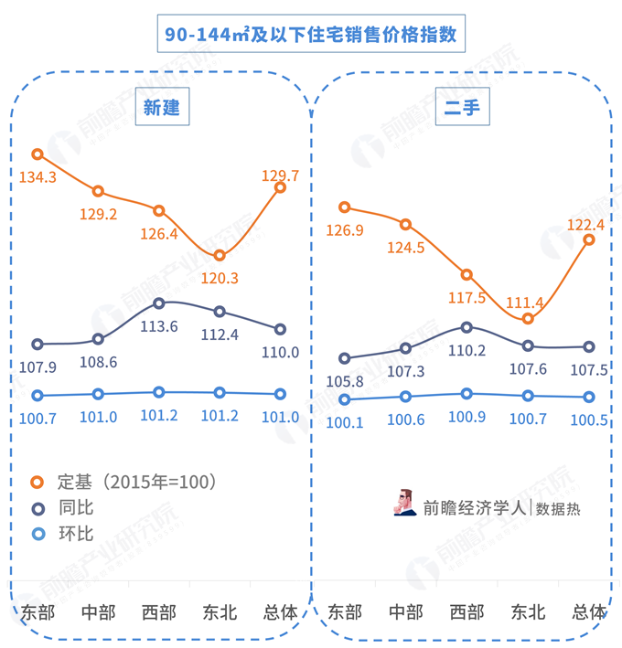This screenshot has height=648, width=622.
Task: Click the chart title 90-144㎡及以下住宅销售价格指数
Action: point(310,35)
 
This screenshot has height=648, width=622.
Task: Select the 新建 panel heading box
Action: point(161,108)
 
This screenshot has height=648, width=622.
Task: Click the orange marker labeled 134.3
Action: point(38,154)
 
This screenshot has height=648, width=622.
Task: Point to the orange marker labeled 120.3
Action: point(220,255)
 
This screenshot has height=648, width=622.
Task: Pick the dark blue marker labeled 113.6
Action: point(159,303)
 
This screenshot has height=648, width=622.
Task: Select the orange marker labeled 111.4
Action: point(527,318)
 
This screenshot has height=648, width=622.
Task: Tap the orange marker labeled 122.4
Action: point(588,239)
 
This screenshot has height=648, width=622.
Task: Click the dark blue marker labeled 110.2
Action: point(466,326)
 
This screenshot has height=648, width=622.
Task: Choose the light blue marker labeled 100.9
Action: point(466,394)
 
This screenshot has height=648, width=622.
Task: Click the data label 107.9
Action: point(38,366)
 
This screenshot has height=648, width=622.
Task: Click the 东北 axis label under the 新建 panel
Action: point(220,611)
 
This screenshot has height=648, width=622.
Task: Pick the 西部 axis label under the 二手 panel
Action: point(466,611)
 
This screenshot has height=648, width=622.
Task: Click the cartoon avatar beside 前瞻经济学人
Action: point(404,502)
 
